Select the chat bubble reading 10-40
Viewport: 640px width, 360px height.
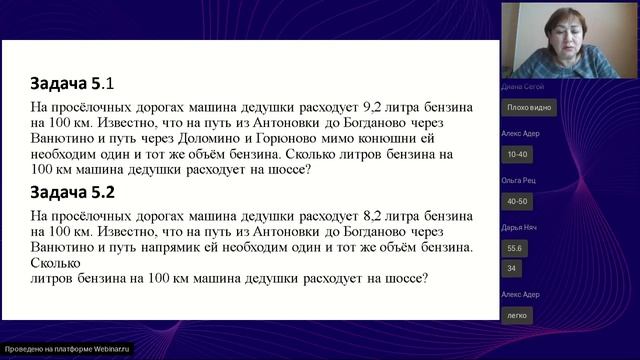pos(518,154)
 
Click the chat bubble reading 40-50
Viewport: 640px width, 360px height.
pos(518,200)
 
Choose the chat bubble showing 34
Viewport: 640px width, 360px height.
pos(511,268)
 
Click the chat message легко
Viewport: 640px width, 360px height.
pos(517,315)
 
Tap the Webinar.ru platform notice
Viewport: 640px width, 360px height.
pos(67,349)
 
